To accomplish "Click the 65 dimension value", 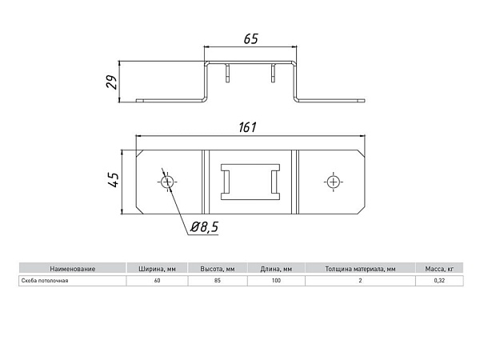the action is pyautogui.click(x=251, y=39).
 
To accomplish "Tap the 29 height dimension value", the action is pyautogui.click(x=112, y=82).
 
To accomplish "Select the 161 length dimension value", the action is pyautogui.click(x=248, y=127).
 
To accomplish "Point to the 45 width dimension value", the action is pyautogui.click(x=114, y=180).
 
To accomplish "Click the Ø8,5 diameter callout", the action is pyautogui.click(x=205, y=227).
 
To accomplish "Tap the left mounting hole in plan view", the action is pyautogui.click(x=167, y=182).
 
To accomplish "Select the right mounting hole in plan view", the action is pyautogui.click(x=333, y=182).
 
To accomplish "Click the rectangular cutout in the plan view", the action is pyautogui.click(x=250, y=182).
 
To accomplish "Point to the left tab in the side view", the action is pyautogui.click(x=227, y=73).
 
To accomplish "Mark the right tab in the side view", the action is pyautogui.click(x=273, y=73).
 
